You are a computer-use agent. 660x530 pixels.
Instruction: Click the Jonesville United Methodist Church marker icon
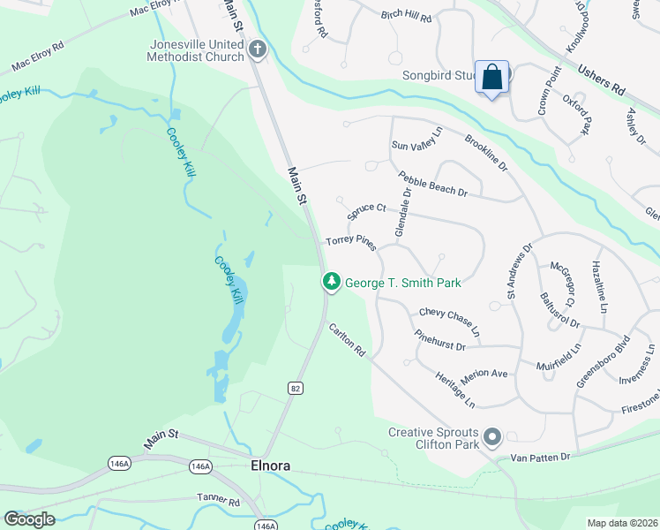click(x=258, y=49)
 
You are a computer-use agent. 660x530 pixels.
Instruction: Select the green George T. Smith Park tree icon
click(x=332, y=282)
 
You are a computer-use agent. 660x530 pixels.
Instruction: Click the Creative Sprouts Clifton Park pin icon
click(x=492, y=437)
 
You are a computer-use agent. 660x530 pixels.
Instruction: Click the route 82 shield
click(x=295, y=388)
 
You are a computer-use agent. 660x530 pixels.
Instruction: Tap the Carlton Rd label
click(x=347, y=339)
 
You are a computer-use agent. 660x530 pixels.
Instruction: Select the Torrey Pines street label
click(x=351, y=241)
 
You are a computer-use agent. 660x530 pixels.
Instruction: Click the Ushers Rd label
click(x=600, y=80)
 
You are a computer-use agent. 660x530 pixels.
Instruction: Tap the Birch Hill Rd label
click(x=406, y=18)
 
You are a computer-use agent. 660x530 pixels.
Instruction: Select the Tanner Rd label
click(x=219, y=501)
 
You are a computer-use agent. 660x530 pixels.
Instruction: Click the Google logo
click(x=29, y=519)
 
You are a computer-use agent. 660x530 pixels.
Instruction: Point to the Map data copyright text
click(x=622, y=523)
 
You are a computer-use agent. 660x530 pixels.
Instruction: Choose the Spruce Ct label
click(x=366, y=212)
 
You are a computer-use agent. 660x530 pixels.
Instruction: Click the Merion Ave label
click(x=484, y=374)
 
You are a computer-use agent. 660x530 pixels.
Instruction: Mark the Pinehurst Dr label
click(x=439, y=340)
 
